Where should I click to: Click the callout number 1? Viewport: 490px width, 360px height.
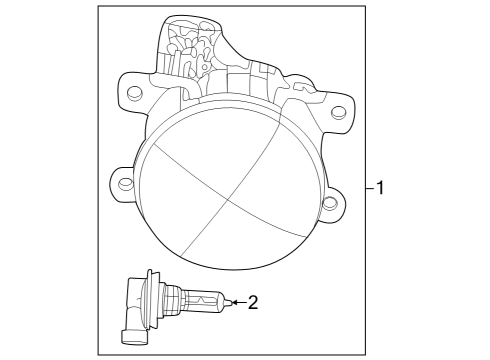(x=382, y=187)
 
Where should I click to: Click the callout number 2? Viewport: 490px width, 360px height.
(x=253, y=301)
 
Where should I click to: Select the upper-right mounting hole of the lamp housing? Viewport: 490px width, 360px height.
(x=338, y=112)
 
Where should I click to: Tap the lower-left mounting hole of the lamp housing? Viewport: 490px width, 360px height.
(x=122, y=184)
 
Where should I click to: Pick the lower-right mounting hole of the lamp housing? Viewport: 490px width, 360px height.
(x=329, y=204)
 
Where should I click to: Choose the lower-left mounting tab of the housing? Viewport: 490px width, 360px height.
(x=121, y=184)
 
